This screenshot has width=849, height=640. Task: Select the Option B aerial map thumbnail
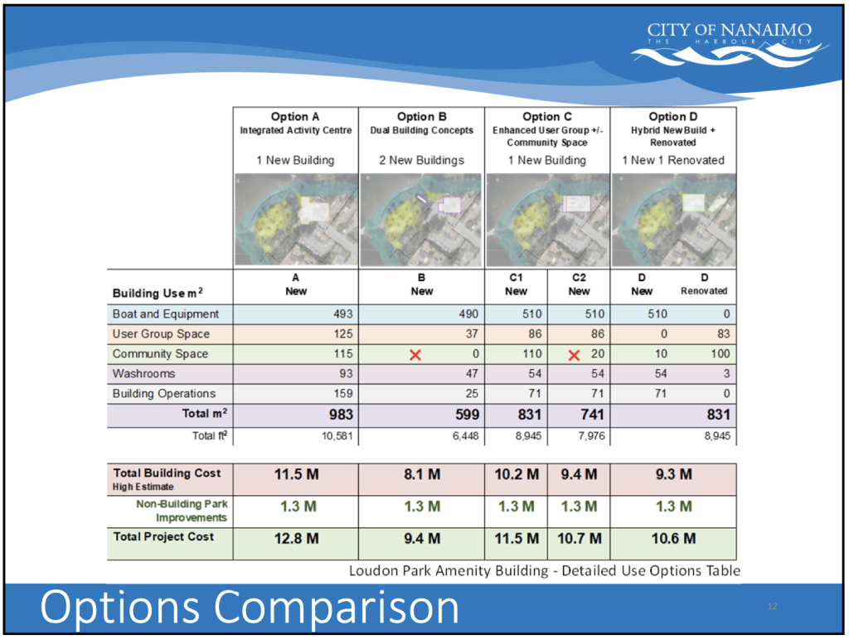coord(422,219)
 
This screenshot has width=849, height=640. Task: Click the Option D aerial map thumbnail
coord(673,219)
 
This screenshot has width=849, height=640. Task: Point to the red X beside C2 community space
coord(573,355)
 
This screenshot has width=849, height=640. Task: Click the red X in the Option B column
coord(416,355)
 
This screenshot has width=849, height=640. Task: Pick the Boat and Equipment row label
coord(166,314)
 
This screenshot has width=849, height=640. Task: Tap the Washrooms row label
coord(143,374)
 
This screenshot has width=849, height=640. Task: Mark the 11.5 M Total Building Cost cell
coord(296,475)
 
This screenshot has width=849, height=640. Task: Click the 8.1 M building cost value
coord(421,475)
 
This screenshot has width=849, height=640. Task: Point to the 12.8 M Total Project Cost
coord(296,539)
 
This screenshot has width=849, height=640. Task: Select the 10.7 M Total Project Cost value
coord(579,539)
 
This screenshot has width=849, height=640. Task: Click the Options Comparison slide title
coord(250,608)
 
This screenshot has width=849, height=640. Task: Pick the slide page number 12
coord(773,608)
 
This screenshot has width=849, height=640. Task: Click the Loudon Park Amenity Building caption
coord(544,570)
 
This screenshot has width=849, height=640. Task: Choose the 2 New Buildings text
coord(421,160)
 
